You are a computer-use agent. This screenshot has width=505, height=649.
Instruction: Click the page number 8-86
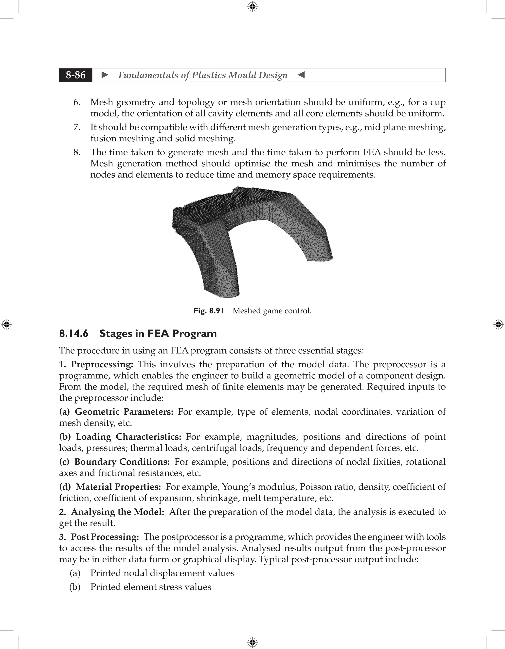tap(76, 75)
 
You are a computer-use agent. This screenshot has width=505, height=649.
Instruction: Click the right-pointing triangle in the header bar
tap(105, 75)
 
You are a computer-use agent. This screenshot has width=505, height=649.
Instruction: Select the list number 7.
tap(77, 127)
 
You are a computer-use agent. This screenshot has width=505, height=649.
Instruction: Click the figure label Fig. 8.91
tap(208, 311)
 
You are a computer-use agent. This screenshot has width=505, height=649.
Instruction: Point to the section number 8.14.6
tap(74, 333)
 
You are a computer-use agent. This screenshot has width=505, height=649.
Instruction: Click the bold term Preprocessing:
tap(102, 364)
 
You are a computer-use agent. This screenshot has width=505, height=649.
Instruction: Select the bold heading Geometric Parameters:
tap(124, 412)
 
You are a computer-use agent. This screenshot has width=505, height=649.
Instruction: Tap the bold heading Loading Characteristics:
tap(128, 437)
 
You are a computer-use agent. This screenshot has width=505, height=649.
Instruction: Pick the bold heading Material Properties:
tap(118, 487)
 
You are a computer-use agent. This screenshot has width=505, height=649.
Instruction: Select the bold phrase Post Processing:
tap(105, 537)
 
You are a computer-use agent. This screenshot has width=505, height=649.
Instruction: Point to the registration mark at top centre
tap(252, 7)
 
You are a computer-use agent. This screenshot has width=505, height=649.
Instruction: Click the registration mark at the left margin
tap(7, 324)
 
